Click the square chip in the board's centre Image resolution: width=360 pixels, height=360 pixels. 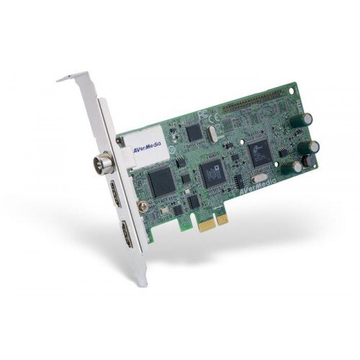click(x=212, y=173)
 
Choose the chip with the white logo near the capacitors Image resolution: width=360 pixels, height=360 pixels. click(x=258, y=150)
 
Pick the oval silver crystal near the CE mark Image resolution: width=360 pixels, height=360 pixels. click(x=211, y=133)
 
